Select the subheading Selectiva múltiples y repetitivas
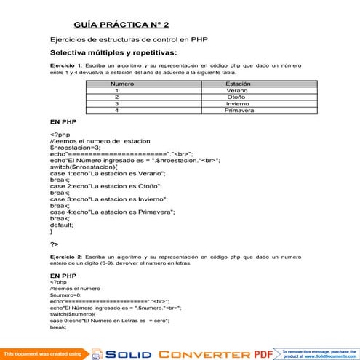pyautogui.click(x=113, y=53)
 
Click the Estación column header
pyautogui.click(x=238, y=84)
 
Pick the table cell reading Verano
pyautogui.click(x=237, y=91)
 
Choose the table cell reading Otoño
pyautogui.click(x=236, y=97)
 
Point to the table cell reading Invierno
pyautogui.click(x=238, y=104)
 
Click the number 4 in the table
pyautogui.click(x=116, y=111)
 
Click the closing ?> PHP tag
pyautogui.click(x=55, y=244)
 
